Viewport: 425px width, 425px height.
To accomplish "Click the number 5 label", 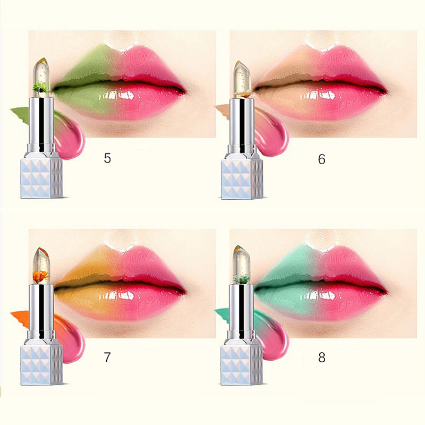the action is (x=107, y=158).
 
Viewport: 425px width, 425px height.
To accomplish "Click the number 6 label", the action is (x=322, y=159).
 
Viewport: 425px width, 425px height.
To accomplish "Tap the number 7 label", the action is (x=107, y=357).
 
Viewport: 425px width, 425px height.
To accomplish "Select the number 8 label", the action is (x=322, y=358).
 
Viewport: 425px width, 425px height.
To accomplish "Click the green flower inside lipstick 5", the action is (x=41, y=87).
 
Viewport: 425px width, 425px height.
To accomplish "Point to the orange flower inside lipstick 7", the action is (x=41, y=276).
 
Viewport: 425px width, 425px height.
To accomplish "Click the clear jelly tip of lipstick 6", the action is (x=242, y=79).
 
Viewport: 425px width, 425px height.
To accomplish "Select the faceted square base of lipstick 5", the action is (x=42, y=178).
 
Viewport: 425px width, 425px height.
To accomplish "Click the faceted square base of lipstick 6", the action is (x=242, y=180).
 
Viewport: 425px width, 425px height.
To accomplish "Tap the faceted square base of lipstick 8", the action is (x=242, y=365).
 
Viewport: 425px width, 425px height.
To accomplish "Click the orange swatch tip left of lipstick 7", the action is (x=20, y=315).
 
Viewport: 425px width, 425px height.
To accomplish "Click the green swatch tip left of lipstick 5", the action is (x=20, y=112).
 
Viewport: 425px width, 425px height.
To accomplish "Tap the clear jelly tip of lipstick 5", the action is (x=41, y=77).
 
